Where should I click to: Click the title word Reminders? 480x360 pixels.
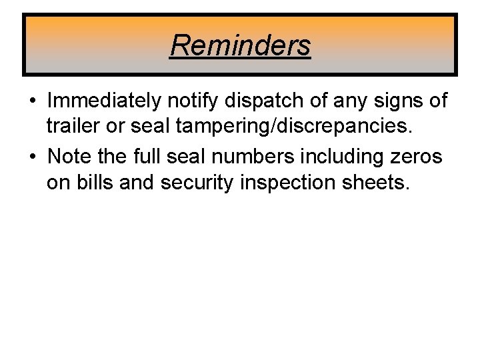pos(240,45)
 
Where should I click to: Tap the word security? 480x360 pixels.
pos(203,181)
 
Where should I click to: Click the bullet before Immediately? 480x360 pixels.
pos(33,101)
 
